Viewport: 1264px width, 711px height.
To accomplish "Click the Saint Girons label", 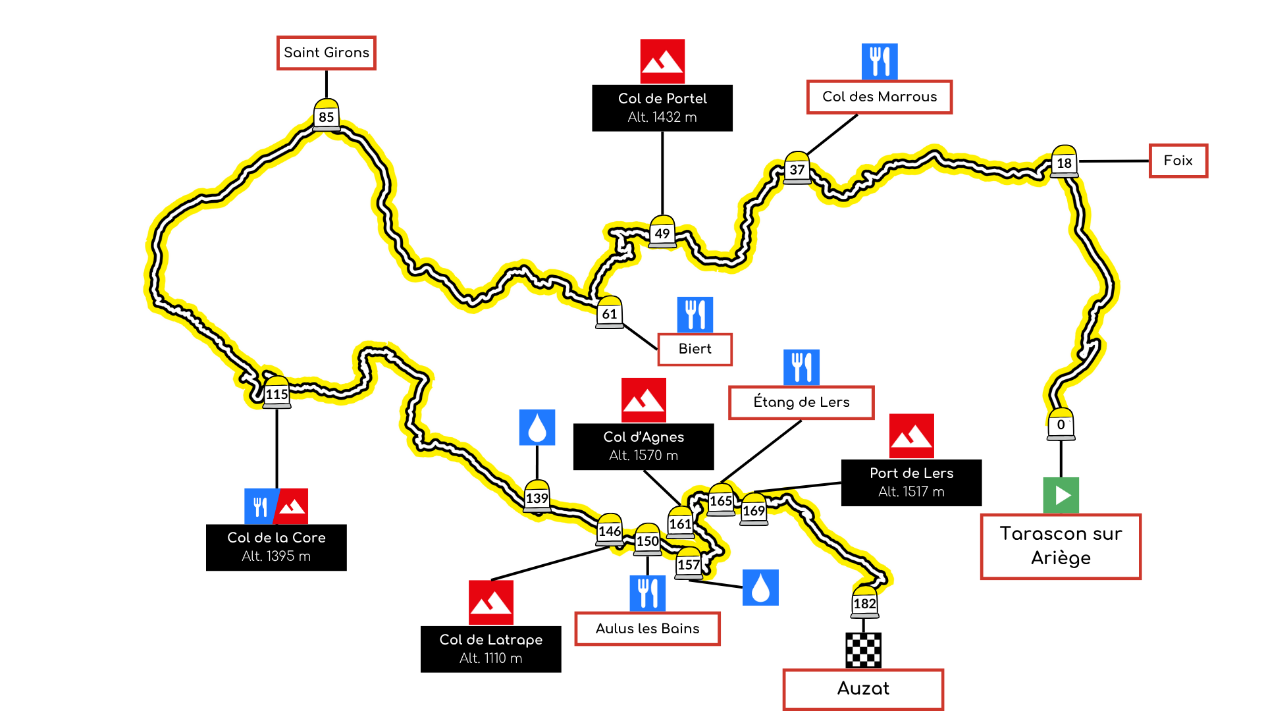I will [326, 53].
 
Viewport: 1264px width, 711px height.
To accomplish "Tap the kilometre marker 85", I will [326, 115].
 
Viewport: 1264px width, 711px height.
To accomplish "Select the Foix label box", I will [1178, 161].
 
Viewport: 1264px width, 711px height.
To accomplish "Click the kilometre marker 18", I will [1064, 161].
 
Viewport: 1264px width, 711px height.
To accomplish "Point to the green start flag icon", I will [1061, 495].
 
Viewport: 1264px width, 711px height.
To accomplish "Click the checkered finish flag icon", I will [863, 650].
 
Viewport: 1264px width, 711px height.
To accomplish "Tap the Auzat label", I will [862, 689].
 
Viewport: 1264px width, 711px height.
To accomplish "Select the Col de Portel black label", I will [662, 107].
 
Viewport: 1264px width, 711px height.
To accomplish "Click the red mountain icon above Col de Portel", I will [662, 61].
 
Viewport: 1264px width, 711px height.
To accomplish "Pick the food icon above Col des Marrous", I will [880, 61].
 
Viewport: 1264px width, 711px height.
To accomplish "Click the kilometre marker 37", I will [797, 169].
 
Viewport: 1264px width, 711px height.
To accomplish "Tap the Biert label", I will [695, 349].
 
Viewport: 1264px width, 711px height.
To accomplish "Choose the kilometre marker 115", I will [276, 393].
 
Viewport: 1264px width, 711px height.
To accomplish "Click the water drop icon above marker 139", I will [537, 427].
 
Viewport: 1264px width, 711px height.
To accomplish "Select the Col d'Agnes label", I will [643, 446].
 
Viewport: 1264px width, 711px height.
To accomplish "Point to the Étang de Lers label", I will [801, 402].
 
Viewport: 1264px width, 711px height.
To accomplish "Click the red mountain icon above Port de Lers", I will [911, 435].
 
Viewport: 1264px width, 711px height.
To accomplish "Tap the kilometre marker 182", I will [864, 602].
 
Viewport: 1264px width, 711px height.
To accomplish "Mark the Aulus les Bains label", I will [647, 629].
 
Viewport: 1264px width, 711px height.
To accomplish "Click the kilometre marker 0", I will [1061, 425].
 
